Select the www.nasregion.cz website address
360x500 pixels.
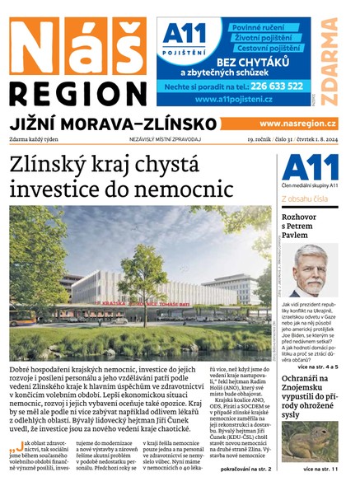coord(298,124)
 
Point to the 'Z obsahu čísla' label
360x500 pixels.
coord(306,199)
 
